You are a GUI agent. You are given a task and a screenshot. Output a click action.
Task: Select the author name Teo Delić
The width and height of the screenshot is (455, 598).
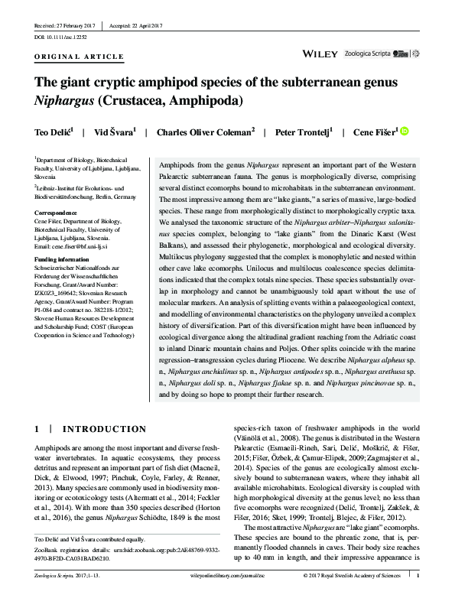53,132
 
